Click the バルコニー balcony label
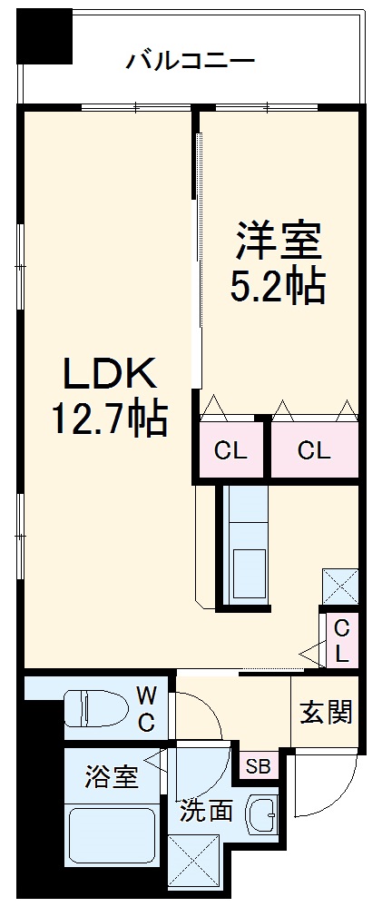pyautogui.click(x=190, y=62)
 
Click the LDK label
pyautogui.click(x=110, y=374)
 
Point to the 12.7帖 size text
pyautogui.click(x=108, y=419)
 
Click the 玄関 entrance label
pyautogui.click(x=326, y=712)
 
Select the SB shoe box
pyautogui.click(x=259, y=766)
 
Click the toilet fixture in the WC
pyautogui.click(x=95, y=709)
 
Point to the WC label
pyautogui.click(x=145, y=709)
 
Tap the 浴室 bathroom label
pyautogui.click(x=112, y=776)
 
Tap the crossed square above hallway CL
pyautogui.click(x=339, y=587)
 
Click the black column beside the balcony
pyautogui.click(x=46, y=37)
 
